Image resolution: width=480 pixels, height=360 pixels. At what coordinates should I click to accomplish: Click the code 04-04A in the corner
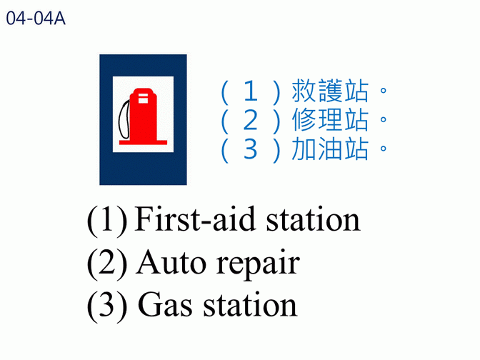click(36, 18)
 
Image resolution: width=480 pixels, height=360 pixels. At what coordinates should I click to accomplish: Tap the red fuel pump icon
click(143, 116)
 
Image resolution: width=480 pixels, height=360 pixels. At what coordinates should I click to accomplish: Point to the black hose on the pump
click(124, 119)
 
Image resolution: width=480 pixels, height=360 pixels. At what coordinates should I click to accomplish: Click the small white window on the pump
click(143, 99)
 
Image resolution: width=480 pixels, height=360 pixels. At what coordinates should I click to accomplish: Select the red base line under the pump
click(143, 142)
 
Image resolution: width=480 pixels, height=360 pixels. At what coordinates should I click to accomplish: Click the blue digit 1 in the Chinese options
click(251, 91)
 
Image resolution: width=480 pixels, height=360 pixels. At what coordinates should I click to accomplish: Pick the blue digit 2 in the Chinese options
click(251, 120)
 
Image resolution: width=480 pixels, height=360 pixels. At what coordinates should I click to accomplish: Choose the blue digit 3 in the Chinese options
click(251, 149)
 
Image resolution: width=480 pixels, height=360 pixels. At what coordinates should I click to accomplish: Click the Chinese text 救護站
click(330, 91)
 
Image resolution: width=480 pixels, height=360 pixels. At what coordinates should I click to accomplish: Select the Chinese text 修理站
click(330, 120)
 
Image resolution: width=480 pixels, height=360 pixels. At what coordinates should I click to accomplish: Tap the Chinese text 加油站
click(330, 149)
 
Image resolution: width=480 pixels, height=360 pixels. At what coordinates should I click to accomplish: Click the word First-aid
click(195, 219)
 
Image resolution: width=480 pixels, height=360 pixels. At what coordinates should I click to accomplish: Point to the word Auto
click(171, 263)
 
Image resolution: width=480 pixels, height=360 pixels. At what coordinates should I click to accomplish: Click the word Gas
click(165, 305)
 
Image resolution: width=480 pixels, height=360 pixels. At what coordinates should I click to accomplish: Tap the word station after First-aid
click(313, 220)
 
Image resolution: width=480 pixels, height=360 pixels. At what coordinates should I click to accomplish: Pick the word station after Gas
click(250, 305)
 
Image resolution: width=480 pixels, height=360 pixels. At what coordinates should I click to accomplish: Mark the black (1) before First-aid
click(107, 220)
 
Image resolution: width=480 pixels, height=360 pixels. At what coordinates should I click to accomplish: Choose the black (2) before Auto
click(107, 264)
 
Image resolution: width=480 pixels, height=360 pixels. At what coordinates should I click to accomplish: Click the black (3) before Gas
click(107, 306)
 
